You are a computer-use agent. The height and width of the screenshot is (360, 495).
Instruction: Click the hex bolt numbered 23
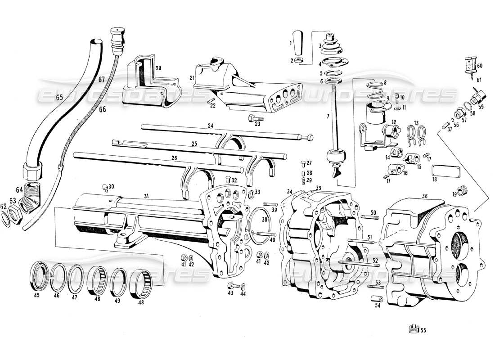pos(252,119)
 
